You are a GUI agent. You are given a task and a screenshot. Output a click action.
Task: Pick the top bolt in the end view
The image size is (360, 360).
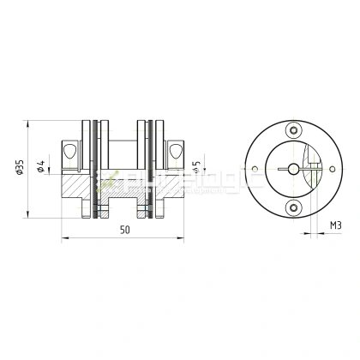pyautogui.click(x=294, y=131)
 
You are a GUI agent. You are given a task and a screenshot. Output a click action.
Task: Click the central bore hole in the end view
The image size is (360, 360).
pyautogui.click(x=294, y=169)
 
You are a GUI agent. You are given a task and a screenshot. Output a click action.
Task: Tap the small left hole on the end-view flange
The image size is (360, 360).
pyautogui.click(x=255, y=169)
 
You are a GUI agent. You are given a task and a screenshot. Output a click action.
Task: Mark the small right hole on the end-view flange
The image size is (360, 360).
pyautogui.click(x=332, y=169)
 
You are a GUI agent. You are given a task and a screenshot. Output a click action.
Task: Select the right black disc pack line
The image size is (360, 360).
pyautogui.click(x=152, y=168)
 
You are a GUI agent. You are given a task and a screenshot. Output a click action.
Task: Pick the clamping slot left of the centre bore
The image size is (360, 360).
pyautogui.click(x=278, y=169)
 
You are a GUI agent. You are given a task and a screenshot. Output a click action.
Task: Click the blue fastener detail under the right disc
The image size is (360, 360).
pyautogui.click(x=147, y=211)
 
